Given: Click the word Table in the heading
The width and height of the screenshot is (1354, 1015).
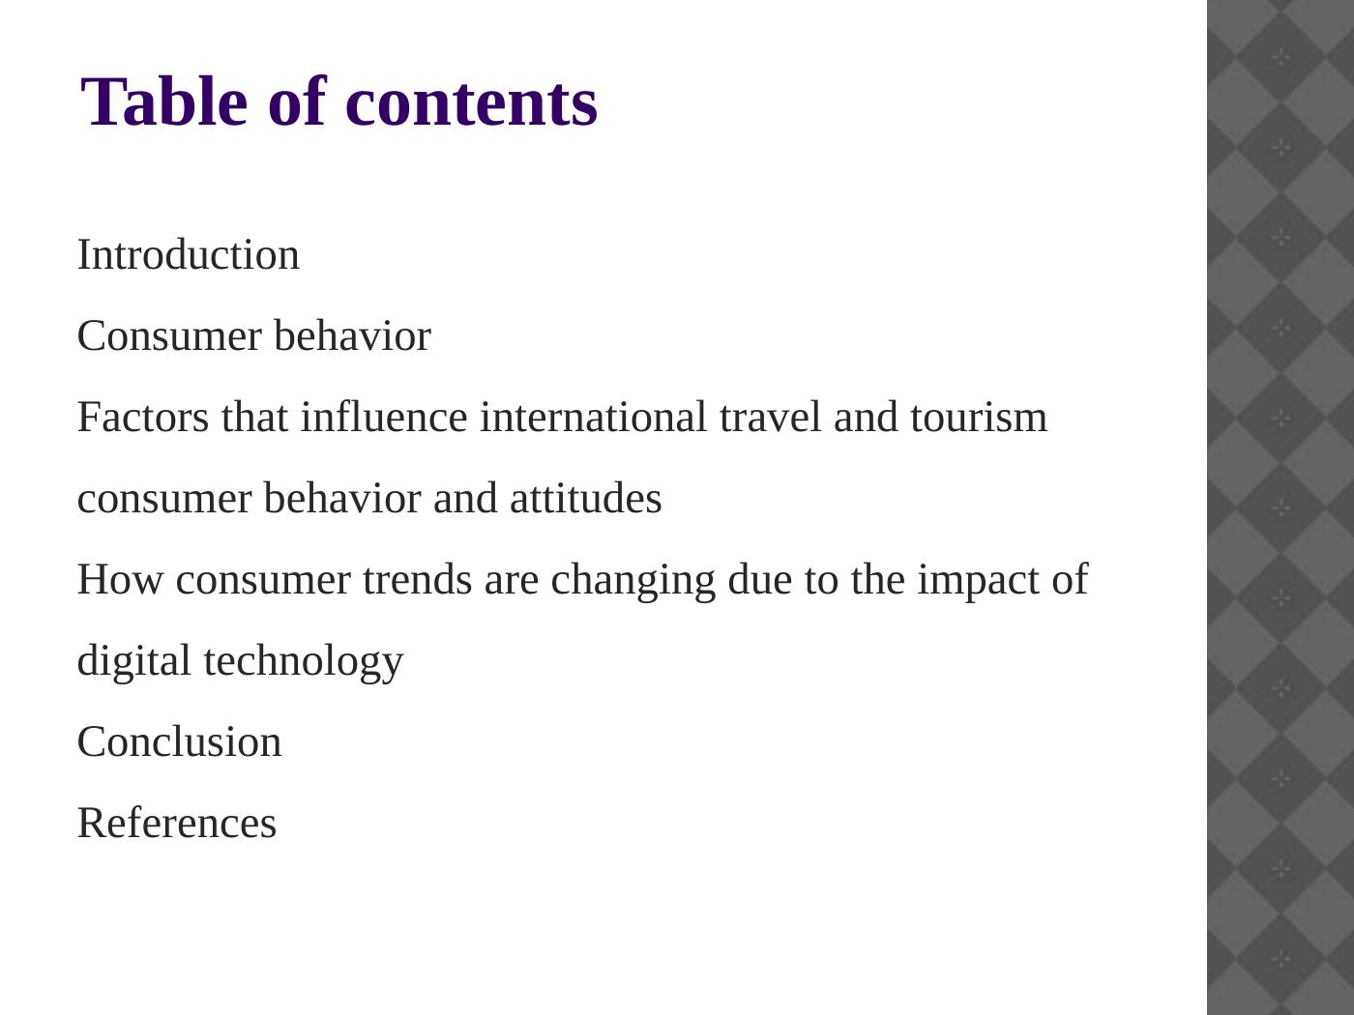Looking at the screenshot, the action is [x=164, y=101].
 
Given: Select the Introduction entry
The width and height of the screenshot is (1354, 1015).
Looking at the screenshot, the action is [x=189, y=254].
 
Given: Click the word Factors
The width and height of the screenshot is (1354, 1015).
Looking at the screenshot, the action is [x=143, y=418].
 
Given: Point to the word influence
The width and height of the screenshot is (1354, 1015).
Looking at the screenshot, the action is [x=384, y=417].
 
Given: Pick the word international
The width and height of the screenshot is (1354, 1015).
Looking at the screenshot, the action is [x=594, y=417].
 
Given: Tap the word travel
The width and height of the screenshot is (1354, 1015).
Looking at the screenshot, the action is [x=771, y=417].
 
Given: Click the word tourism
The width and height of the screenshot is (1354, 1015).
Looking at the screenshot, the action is [x=979, y=418].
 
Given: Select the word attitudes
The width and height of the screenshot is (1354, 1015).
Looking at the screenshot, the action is [x=586, y=498].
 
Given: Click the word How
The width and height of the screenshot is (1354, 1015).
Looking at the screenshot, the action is [x=120, y=579].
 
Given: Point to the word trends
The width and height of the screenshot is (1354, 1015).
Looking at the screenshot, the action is [x=418, y=579].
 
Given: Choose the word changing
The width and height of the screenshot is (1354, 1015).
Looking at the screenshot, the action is [x=633, y=581].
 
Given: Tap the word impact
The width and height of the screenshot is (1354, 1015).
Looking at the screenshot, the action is [x=979, y=582].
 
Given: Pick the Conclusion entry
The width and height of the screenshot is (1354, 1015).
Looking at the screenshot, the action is [x=180, y=741].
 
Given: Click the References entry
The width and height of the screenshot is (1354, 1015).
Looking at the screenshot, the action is [x=177, y=823].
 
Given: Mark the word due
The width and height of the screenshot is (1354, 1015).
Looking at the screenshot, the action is [x=760, y=579].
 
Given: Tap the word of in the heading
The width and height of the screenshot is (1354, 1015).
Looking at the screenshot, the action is [x=297, y=101].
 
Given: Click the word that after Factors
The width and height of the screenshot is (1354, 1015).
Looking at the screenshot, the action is [x=254, y=417].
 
